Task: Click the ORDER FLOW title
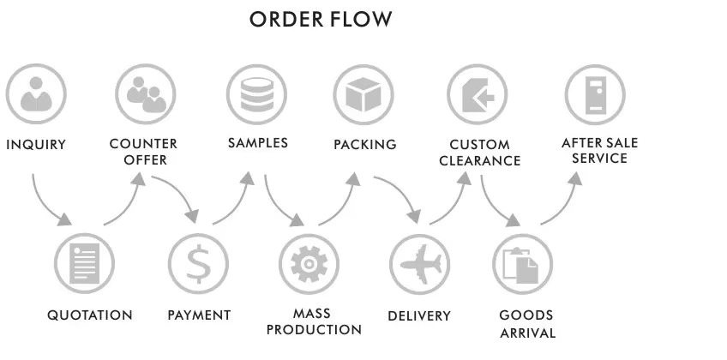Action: point(321,20)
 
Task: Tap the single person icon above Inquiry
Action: point(36,94)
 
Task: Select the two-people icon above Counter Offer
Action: point(146,94)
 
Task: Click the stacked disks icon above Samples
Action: point(256,94)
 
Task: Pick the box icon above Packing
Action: point(363,94)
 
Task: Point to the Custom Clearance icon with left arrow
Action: point(477,94)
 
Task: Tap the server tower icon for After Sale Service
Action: point(595,94)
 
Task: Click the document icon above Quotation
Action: point(84,264)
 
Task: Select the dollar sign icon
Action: point(198,264)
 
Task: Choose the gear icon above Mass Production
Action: point(309,264)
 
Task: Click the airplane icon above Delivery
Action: point(419,264)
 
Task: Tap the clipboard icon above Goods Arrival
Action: point(523,264)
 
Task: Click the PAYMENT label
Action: point(199,315)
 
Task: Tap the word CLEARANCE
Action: point(480,161)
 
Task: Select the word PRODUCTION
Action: point(314,330)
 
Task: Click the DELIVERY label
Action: point(419,316)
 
